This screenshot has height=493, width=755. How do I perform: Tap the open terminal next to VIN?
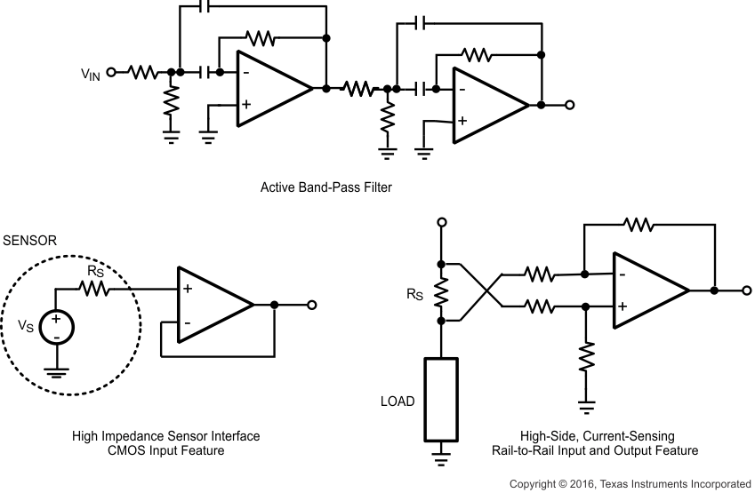[111, 72]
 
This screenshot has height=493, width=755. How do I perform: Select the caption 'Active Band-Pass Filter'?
[325, 187]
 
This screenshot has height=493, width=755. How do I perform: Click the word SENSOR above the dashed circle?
[29, 241]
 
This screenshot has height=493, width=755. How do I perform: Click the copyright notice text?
[630, 484]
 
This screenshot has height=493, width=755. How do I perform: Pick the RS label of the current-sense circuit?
[415, 291]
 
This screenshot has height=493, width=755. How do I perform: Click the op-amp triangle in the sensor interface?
[212, 305]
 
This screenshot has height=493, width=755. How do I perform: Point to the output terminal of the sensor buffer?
[312, 305]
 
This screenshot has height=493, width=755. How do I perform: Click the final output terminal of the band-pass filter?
[570, 105]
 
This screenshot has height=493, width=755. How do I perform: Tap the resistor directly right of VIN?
[142, 72]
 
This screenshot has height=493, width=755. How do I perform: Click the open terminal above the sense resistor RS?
[441, 222]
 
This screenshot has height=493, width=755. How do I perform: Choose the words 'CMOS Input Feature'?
[166, 451]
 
